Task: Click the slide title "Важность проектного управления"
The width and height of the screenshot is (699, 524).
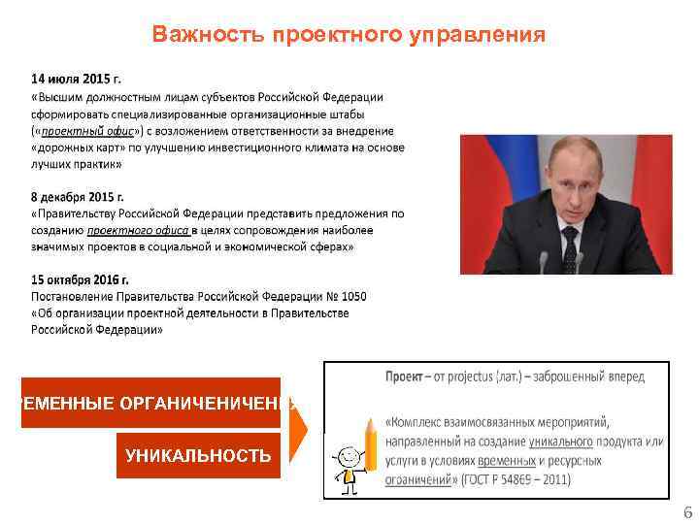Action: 349,36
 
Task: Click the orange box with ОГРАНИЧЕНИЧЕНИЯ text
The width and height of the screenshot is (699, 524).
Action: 155,403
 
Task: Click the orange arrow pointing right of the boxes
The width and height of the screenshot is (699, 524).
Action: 299,427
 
